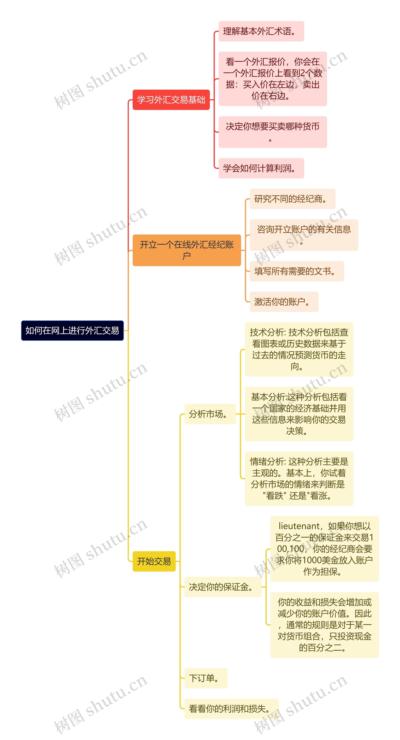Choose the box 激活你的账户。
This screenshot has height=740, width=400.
tap(284, 302)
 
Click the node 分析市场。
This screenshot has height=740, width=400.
tap(210, 414)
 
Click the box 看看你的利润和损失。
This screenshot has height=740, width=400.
tap(231, 709)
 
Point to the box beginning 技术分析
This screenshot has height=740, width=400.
tap(299, 349)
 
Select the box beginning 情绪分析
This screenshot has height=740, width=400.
tap(299, 479)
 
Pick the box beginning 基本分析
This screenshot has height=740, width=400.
tap(299, 414)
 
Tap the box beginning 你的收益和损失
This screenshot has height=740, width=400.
tap(324, 625)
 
